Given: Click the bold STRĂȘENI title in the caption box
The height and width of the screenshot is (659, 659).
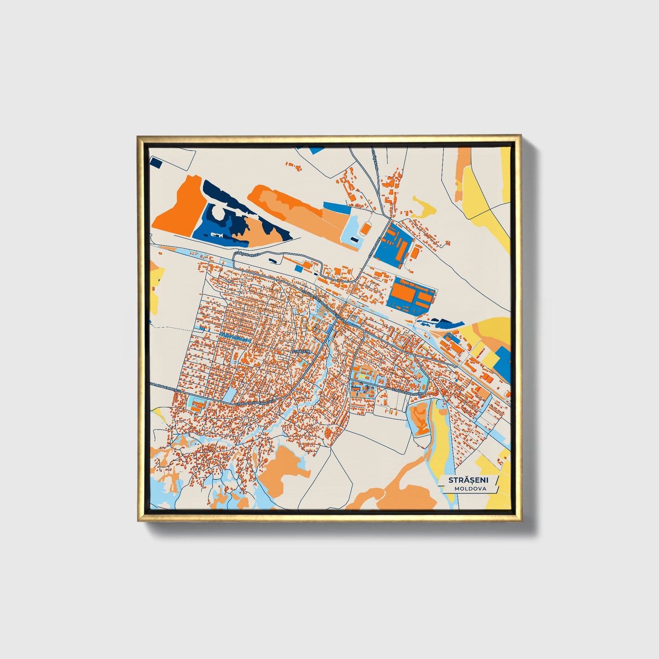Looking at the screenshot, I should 467,480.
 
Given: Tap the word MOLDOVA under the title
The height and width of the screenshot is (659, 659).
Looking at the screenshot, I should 470,488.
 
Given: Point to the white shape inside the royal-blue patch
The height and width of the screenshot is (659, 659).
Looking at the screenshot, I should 217,235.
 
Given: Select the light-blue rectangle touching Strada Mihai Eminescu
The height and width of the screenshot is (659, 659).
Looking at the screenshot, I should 229,395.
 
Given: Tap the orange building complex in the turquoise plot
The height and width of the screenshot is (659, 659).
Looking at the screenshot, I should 197,405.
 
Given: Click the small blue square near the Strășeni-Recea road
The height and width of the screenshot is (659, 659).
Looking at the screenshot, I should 299,269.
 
